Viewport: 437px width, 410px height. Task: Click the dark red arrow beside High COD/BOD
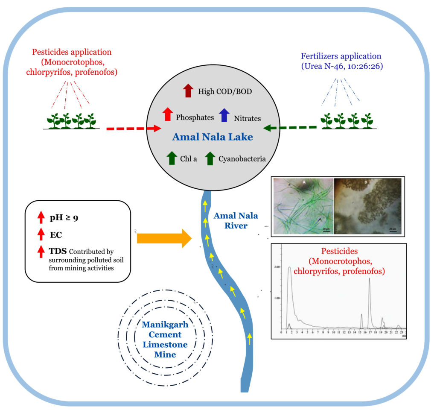point(188,91)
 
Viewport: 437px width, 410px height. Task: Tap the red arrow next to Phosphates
point(168,114)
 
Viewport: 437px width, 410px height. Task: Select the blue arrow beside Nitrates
point(224,115)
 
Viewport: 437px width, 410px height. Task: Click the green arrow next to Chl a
point(172,158)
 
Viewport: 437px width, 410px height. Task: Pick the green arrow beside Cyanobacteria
point(210,158)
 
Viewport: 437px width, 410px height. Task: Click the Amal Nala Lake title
point(213,137)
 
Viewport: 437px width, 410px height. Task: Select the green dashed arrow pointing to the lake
point(291,127)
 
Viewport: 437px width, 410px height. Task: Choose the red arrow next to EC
point(41,234)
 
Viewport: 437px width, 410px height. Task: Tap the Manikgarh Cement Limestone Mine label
point(165,339)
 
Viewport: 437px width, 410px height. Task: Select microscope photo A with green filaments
point(303,206)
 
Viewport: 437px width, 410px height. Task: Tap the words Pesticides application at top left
point(72,52)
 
